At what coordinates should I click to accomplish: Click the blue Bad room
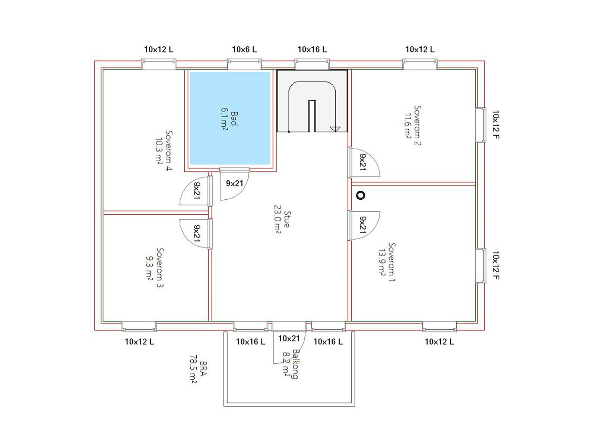230,118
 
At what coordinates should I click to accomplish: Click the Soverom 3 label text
155,268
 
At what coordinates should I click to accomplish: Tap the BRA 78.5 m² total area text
198,369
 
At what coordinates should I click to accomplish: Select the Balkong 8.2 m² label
291,364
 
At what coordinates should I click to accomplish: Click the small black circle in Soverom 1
361,195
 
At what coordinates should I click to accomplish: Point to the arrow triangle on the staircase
335,129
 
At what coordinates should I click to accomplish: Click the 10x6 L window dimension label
244,50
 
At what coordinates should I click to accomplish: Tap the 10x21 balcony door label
289,338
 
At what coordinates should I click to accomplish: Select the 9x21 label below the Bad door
234,183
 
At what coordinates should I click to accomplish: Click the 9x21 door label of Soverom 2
363,162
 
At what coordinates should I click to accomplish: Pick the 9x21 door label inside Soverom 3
197,233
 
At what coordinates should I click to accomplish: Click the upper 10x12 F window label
496,124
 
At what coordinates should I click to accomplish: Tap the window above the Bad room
244,64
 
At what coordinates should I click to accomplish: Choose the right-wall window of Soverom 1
481,265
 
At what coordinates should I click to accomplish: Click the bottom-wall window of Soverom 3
139,326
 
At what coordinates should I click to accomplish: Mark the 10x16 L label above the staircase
312,50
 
